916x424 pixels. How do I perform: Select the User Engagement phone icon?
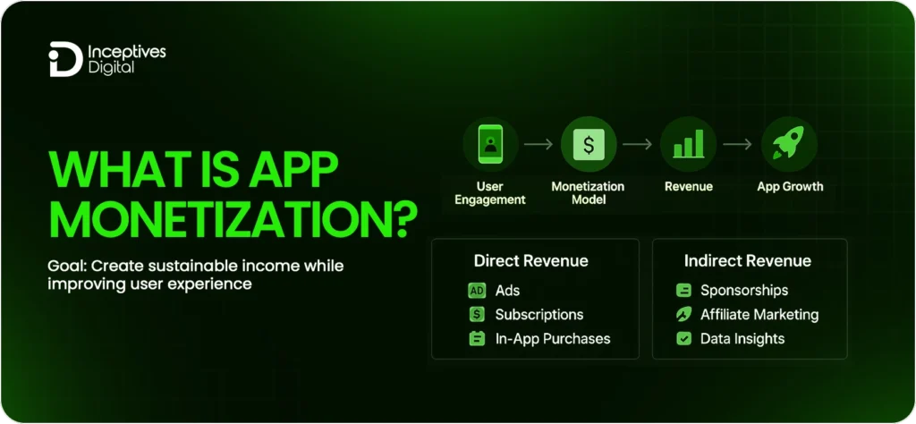[x=490, y=144]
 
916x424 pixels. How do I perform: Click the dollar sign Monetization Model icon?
[x=589, y=144]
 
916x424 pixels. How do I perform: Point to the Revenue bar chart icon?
[x=688, y=144]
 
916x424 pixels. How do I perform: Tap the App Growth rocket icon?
[x=789, y=144]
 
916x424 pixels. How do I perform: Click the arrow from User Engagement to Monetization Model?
[x=539, y=143]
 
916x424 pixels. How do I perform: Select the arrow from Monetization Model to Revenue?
[x=638, y=143]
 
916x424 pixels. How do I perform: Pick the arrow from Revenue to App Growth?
[x=738, y=143]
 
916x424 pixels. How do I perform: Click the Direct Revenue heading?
[x=531, y=261]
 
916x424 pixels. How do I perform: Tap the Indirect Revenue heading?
[x=748, y=261]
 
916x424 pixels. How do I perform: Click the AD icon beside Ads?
[x=477, y=291]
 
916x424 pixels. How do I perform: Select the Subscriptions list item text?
[x=539, y=315]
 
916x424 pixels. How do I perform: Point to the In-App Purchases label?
[x=552, y=339]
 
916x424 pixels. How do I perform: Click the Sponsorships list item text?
[x=744, y=291]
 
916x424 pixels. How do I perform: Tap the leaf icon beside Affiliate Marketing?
[x=684, y=315]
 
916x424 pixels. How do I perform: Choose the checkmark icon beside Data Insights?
[x=684, y=339]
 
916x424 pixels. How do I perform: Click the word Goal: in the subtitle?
[x=68, y=267]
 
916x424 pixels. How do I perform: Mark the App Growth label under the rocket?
[x=790, y=187]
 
